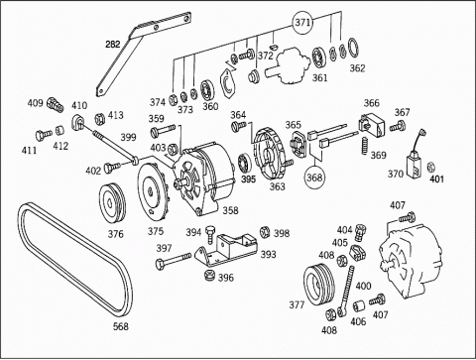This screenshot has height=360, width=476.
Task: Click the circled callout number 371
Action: (x=302, y=23)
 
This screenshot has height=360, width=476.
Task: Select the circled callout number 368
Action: (x=313, y=178)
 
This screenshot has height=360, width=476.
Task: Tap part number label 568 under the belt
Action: (x=121, y=326)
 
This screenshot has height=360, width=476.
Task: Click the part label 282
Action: (x=113, y=44)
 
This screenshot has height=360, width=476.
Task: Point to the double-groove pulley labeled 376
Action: (x=113, y=203)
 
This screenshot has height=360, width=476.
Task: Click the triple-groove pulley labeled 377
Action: (x=320, y=284)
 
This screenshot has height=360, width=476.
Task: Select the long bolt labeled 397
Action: (x=174, y=261)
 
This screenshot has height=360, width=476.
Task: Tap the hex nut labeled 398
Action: (x=265, y=232)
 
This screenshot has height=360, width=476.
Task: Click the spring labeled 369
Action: (x=364, y=146)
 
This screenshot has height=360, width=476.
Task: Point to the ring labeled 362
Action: (x=353, y=49)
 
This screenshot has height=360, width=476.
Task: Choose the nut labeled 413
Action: (x=99, y=118)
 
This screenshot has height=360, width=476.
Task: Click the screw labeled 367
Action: (x=398, y=126)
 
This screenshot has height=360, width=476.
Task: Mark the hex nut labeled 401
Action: (x=430, y=167)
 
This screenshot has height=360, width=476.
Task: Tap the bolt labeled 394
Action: (x=210, y=234)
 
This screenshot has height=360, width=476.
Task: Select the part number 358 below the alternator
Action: (x=230, y=210)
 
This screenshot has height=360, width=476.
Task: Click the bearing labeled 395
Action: (x=245, y=163)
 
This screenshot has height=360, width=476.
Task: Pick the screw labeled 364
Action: (x=239, y=127)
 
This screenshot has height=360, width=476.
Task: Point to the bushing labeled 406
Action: (x=358, y=307)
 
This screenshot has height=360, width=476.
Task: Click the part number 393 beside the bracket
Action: (x=268, y=254)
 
